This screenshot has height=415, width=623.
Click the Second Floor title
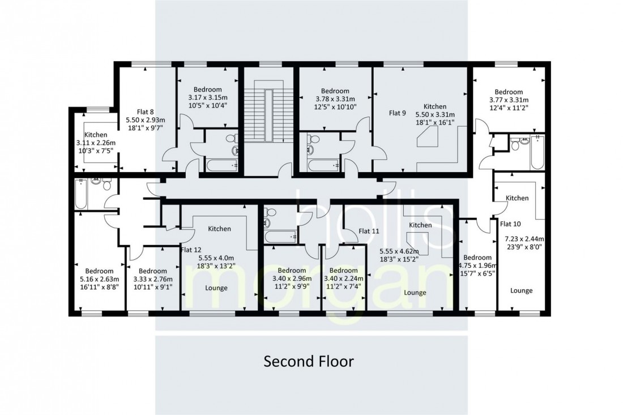click(x=309, y=361)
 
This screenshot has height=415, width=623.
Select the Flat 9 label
click(x=398, y=113)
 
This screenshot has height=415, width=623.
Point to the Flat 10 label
click(x=510, y=224)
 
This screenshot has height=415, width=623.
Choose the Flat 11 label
click(x=369, y=231)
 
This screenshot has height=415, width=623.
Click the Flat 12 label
click(x=191, y=250)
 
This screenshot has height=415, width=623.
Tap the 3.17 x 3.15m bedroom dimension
click(x=208, y=98)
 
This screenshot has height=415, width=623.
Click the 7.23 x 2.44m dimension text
click(x=524, y=239)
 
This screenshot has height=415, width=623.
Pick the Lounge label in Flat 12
click(x=216, y=288)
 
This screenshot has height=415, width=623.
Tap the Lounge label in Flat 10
click(x=521, y=290)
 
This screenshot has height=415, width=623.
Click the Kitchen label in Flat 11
click(x=420, y=225)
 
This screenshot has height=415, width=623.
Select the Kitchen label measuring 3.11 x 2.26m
click(x=95, y=135)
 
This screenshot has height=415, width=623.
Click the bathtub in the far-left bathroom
click(x=80, y=194)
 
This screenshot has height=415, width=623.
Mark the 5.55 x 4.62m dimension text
click(x=399, y=251)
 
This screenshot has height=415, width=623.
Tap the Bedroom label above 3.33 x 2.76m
click(x=152, y=271)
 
